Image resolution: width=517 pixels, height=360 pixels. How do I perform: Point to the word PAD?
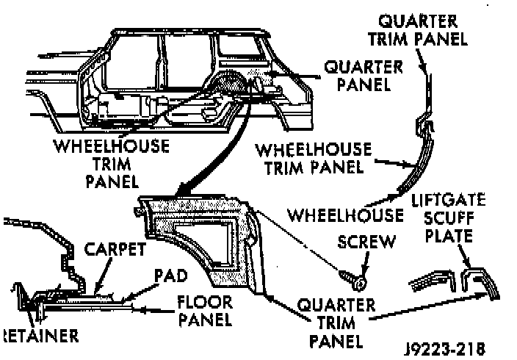pyautogui.click(x=170, y=276)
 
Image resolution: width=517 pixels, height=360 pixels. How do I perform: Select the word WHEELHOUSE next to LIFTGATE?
pyautogui.click(x=345, y=216)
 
